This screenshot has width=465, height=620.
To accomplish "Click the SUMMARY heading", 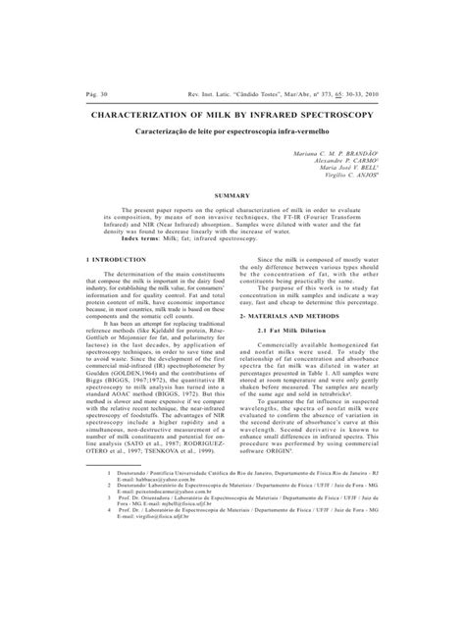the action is click(x=232, y=170).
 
